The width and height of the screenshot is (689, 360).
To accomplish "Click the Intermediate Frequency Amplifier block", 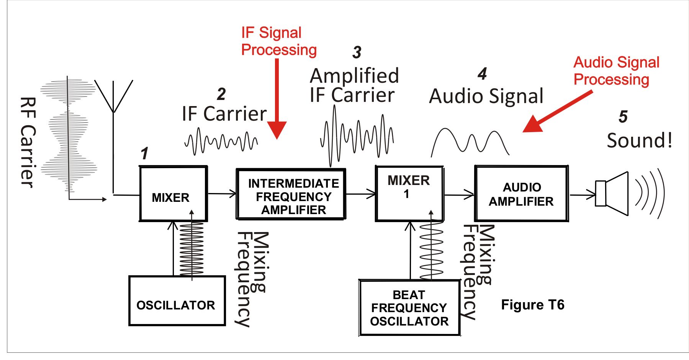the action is click(291, 194).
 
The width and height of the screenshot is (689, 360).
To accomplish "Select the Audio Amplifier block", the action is click(521, 193).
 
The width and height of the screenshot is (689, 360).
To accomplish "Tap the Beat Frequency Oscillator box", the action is click(409, 308).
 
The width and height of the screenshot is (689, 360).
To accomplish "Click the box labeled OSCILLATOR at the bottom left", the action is click(177, 301).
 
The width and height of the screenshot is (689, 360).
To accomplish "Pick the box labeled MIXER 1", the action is click(409, 193).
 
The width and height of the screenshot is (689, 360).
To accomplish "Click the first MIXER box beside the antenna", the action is click(173, 193).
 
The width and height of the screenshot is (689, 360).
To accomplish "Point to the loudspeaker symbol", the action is click(612, 193).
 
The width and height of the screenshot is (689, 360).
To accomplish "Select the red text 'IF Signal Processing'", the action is click(279, 41).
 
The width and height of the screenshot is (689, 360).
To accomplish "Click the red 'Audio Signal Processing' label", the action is click(616, 71).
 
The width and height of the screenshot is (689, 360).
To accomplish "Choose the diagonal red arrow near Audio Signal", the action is click(558, 111).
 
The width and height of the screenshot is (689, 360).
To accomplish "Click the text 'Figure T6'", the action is click(533, 305).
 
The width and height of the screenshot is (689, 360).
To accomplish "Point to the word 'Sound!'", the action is click(640, 141).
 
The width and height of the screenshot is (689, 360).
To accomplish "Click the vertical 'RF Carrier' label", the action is click(28, 142).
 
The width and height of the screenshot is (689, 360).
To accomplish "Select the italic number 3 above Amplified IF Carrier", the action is click(357, 52).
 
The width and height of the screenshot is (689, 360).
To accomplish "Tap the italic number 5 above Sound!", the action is click(623, 116).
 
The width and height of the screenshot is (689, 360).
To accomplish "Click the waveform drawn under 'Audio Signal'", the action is click(470, 142).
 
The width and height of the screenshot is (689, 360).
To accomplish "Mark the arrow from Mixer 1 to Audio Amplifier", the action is click(459, 195).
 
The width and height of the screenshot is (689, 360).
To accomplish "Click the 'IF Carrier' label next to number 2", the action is click(224, 114).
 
